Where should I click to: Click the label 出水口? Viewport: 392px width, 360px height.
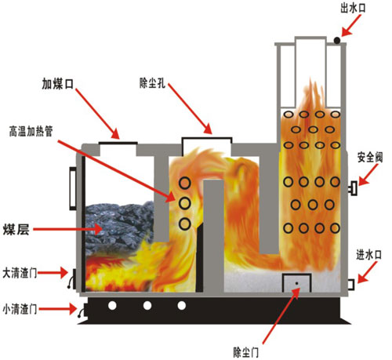[x=353, y=9]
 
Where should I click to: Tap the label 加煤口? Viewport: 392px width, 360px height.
[x=58, y=84]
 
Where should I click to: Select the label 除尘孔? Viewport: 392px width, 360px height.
[x=152, y=83]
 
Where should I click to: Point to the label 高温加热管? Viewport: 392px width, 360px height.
[x=31, y=131]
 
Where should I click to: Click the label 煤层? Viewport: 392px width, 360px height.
[x=16, y=229]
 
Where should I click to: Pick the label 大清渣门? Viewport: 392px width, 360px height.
[x=20, y=273]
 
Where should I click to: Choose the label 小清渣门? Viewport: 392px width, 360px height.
[x=20, y=309]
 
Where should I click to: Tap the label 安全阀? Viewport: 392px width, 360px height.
[x=370, y=158]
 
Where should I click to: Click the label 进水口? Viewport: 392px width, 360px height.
[x=368, y=255]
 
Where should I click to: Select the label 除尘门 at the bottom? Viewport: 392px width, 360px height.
[x=246, y=352]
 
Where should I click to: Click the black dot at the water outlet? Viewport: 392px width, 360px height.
[x=337, y=41]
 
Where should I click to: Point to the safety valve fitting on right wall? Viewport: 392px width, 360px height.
[x=353, y=188]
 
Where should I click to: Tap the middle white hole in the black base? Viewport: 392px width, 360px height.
[x=147, y=305]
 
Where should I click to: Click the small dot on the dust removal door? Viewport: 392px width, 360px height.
[x=296, y=283]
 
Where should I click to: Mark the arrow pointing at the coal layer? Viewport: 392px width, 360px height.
[x=67, y=229]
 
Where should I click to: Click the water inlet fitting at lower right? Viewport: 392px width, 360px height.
[x=351, y=285]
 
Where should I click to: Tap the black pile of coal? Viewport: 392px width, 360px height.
[x=119, y=227]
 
